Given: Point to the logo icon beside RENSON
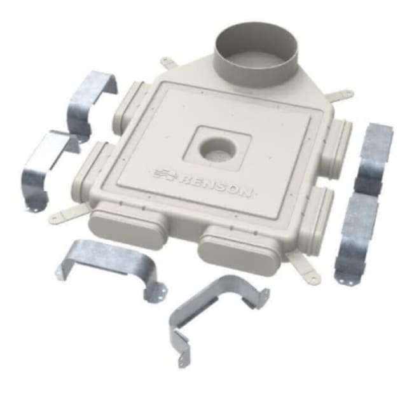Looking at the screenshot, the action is [x=163, y=174].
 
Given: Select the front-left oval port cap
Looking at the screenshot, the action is [x=127, y=230].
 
